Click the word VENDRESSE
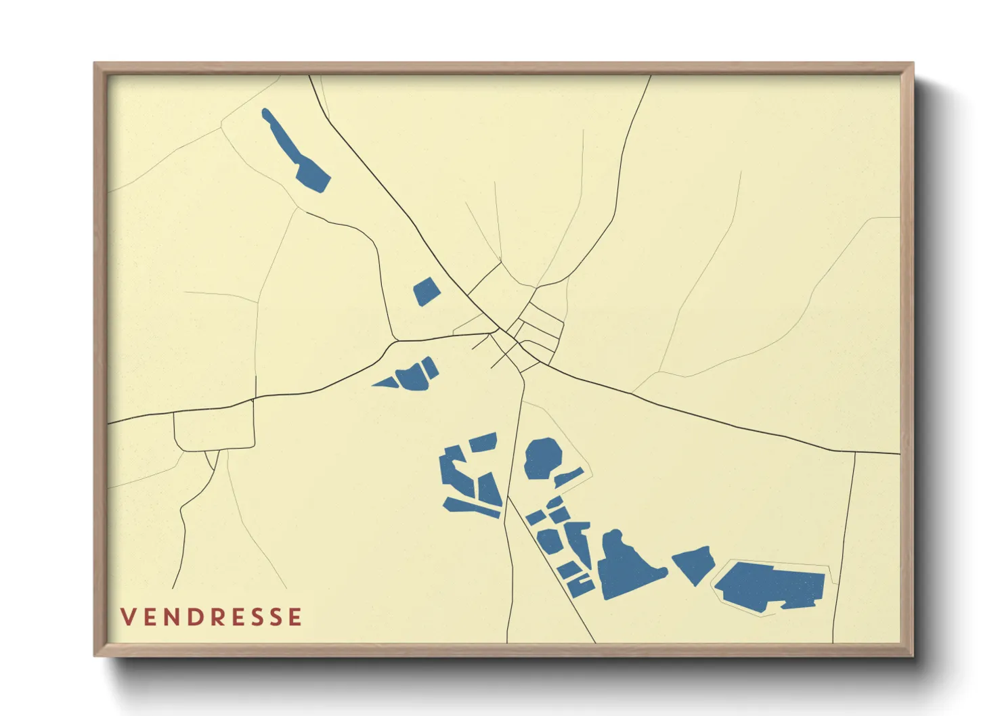211,617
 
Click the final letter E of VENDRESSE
295,617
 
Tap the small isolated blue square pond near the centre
427,292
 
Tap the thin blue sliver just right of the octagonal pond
569,478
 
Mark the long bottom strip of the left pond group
472,508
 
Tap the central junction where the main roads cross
499,331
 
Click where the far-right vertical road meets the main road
855,452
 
